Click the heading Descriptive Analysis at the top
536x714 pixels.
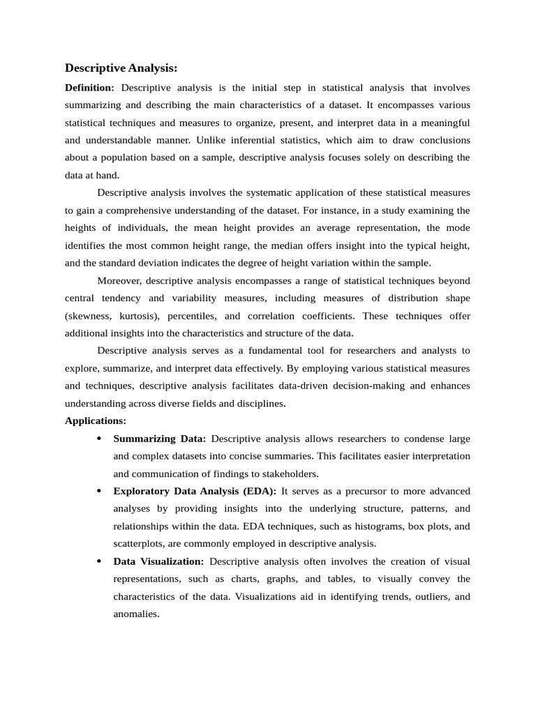tap(121, 68)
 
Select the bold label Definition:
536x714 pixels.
tap(89, 88)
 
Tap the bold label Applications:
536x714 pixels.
tap(96, 421)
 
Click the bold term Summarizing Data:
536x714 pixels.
tap(159, 439)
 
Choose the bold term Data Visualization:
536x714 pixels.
tap(158, 561)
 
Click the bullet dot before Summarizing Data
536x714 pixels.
tap(98, 439)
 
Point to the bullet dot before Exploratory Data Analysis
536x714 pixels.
tap(98, 492)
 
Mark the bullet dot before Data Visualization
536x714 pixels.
tap(98, 561)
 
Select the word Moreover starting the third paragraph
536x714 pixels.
tap(119, 280)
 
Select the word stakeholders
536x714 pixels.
tap(289, 474)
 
